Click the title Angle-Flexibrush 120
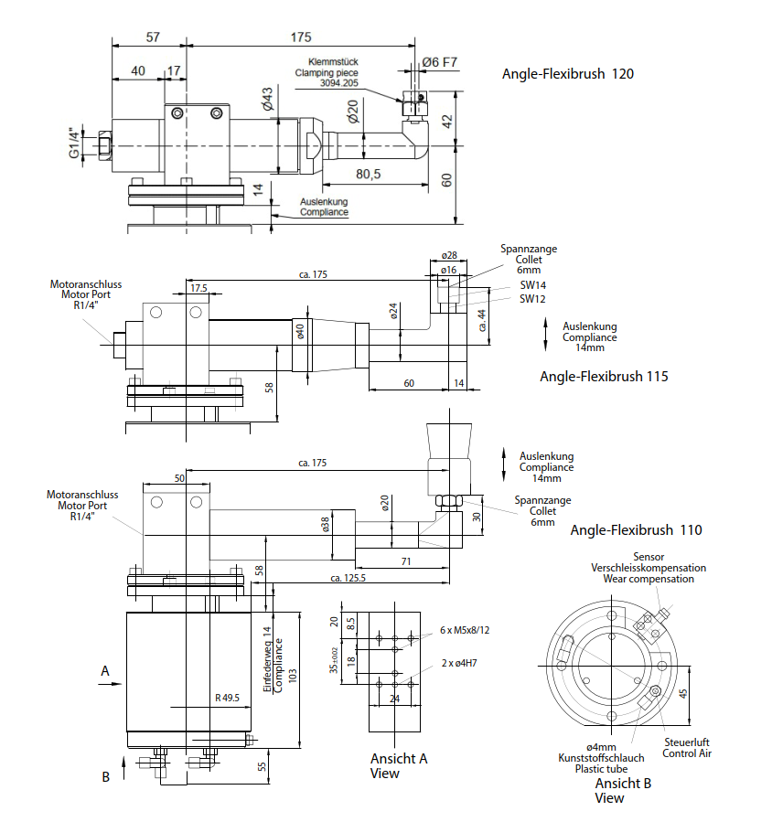coord(568,74)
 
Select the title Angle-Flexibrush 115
coord(605,377)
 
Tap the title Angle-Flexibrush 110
coord(636,530)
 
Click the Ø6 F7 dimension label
coord(439,62)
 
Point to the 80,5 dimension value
coord(369,174)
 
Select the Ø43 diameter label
coord(267,99)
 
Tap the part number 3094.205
coord(339,83)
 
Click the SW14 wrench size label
coord(533,285)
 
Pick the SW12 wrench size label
coord(532,299)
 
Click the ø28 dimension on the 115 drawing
coord(449,255)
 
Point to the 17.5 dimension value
coord(198,288)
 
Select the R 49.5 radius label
coord(227,698)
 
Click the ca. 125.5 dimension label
coord(348,578)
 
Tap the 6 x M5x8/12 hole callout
coord(465,630)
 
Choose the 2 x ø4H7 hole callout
coord(459,663)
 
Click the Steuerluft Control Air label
coord(687,748)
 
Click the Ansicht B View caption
coord(623,791)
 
